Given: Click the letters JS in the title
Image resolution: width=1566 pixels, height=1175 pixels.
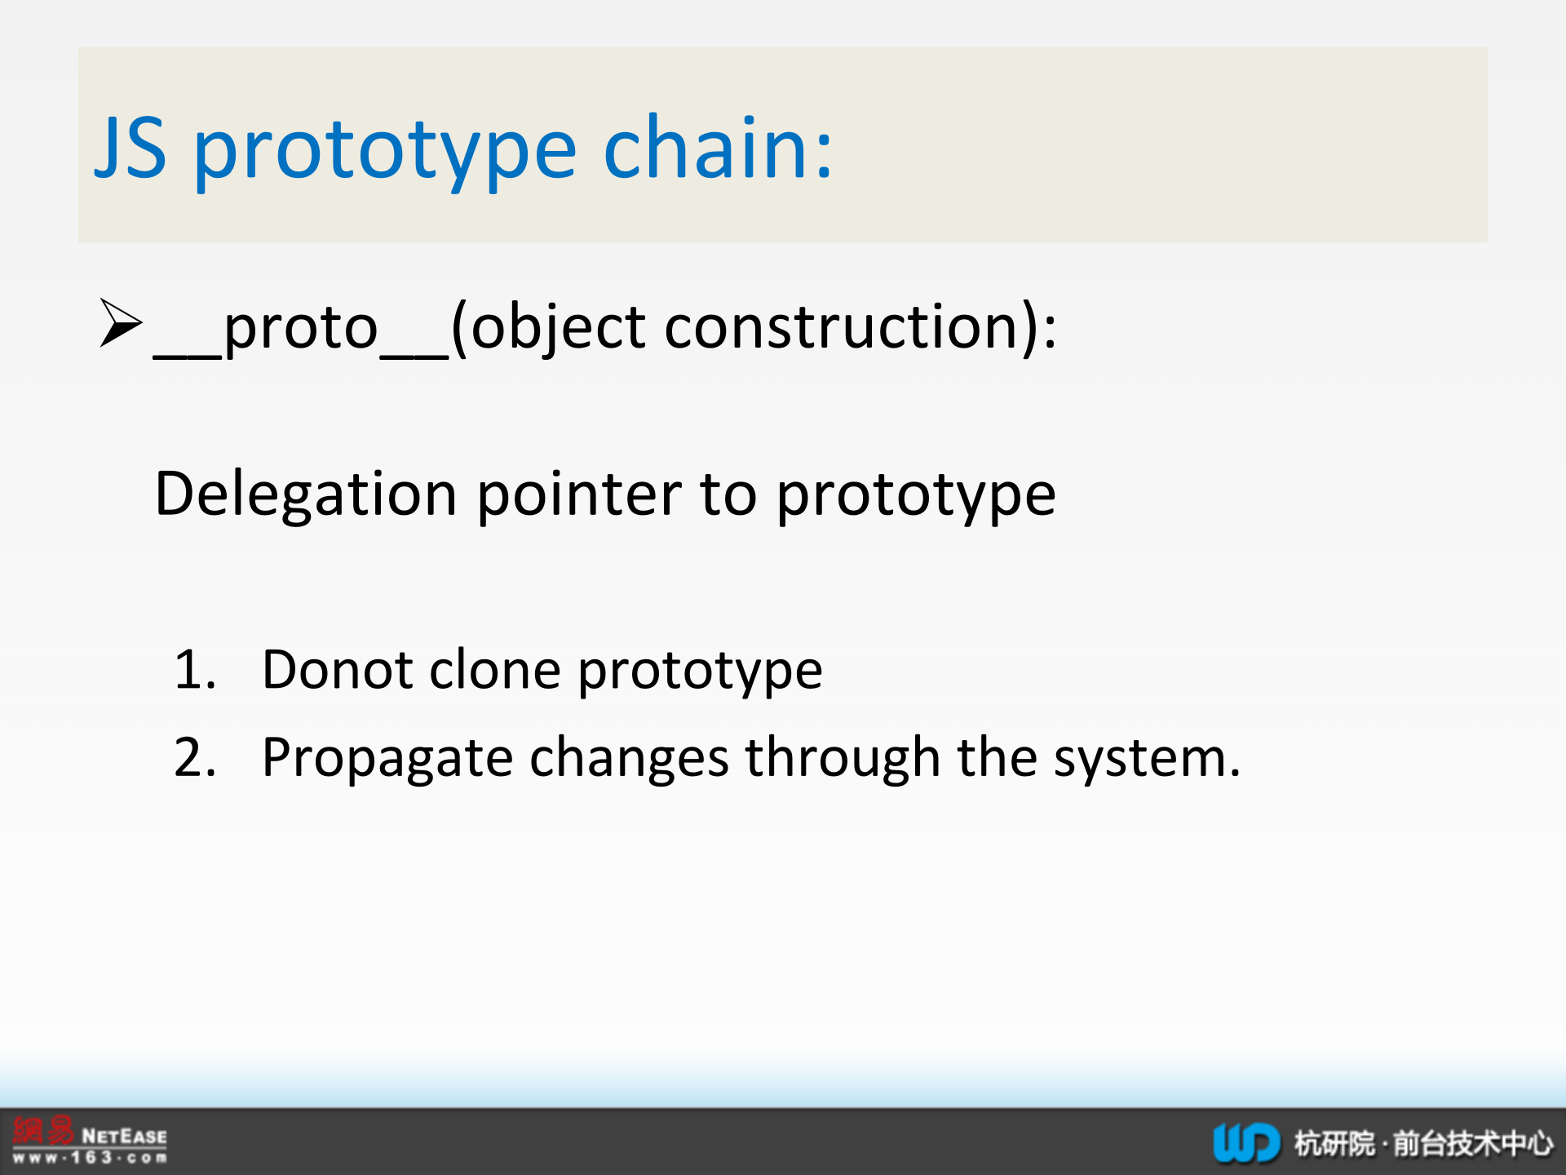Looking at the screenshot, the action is (x=130, y=148).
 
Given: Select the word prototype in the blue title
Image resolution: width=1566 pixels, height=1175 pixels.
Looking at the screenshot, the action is (x=386, y=153).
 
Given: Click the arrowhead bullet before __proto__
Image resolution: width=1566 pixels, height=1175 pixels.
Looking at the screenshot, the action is (x=121, y=323).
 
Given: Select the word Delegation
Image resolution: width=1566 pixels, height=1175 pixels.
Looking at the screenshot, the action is (x=306, y=495).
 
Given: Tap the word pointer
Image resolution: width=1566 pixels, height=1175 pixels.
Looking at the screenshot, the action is (x=579, y=494).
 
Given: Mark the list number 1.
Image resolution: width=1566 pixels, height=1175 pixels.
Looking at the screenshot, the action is (x=195, y=670).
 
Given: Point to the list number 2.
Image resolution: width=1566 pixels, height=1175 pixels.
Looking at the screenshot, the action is (x=195, y=757).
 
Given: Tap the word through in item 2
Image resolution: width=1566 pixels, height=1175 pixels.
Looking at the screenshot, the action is (x=843, y=758).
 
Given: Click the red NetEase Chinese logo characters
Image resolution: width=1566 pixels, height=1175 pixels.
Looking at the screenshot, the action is (x=43, y=1131).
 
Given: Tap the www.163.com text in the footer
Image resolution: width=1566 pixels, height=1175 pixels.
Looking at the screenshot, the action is (x=90, y=1157).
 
